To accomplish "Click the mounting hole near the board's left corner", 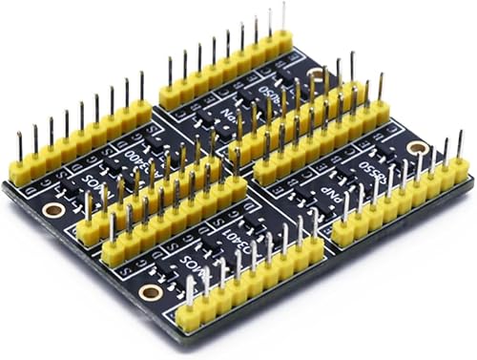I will pyautogui.click(x=54, y=209).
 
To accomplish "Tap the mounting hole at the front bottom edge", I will pyautogui.click(x=149, y=291).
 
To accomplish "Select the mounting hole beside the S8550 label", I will pyautogui.click(x=417, y=148).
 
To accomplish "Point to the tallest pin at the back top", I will pyautogui.click(x=282, y=10).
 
